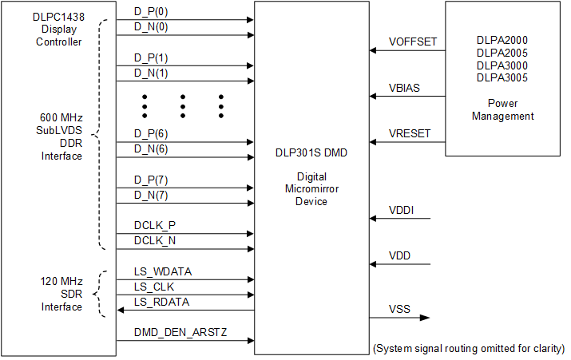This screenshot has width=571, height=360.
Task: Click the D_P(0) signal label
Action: [x=150, y=14]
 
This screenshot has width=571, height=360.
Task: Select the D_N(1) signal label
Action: [x=150, y=73]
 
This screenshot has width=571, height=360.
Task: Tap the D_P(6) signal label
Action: [x=150, y=134]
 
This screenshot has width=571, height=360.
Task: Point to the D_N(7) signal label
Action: [x=150, y=195]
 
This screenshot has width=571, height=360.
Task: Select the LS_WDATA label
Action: [x=162, y=271]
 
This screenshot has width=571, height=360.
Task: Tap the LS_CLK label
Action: [x=153, y=287]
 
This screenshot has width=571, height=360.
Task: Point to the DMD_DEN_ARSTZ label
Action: [x=180, y=332]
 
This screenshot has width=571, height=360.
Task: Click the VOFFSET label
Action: [x=413, y=42]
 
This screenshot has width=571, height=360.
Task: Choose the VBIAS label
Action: [x=405, y=87]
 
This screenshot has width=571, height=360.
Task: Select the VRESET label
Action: [x=410, y=133]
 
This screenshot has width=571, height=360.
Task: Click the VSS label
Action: [x=399, y=308]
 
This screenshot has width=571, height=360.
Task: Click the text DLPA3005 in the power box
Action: [x=502, y=77]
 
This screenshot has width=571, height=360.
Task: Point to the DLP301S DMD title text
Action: [x=311, y=151]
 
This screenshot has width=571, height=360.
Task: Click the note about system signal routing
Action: [x=469, y=349]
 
